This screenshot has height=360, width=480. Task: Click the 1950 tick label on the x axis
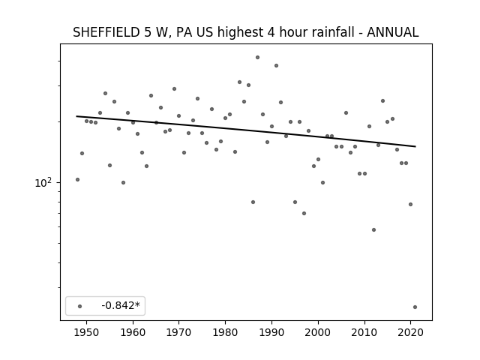pyautogui.click(x=87, y=332)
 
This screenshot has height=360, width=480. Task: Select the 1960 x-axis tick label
pyautogui.click(x=133, y=332)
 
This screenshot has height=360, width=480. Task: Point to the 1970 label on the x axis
pyautogui.click(x=179, y=332)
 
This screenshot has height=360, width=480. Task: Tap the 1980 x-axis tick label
pyautogui.click(x=225, y=332)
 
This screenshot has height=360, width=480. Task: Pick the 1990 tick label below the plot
pyautogui.click(x=271, y=332)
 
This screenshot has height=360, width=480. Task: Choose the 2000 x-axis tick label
pyautogui.click(x=318, y=332)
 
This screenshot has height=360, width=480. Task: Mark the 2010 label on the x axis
pyautogui.click(x=364, y=332)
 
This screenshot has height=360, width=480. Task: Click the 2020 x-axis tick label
pyautogui.click(x=410, y=332)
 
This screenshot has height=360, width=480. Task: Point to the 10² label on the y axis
pyautogui.click(x=43, y=182)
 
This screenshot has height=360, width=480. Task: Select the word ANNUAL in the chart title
pyautogui.click(x=393, y=32)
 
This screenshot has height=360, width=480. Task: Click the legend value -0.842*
pyautogui.click(x=121, y=305)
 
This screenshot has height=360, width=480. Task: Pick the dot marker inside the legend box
pyautogui.click(x=80, y=306)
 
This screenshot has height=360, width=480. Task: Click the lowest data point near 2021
pyautogui.click(x=415, y=307)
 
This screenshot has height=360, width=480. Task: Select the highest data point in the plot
pyautogui.click(x=258, y=57)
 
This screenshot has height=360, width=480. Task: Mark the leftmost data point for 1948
pyautogui.click(x=77, y=179)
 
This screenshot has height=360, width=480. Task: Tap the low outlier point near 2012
pyautogui.click(x=373, y=229)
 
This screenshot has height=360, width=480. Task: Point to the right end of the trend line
pyautogui.click(x=415, y=147)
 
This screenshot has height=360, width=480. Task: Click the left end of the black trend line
pyautogui.click(x=76, y=116)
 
